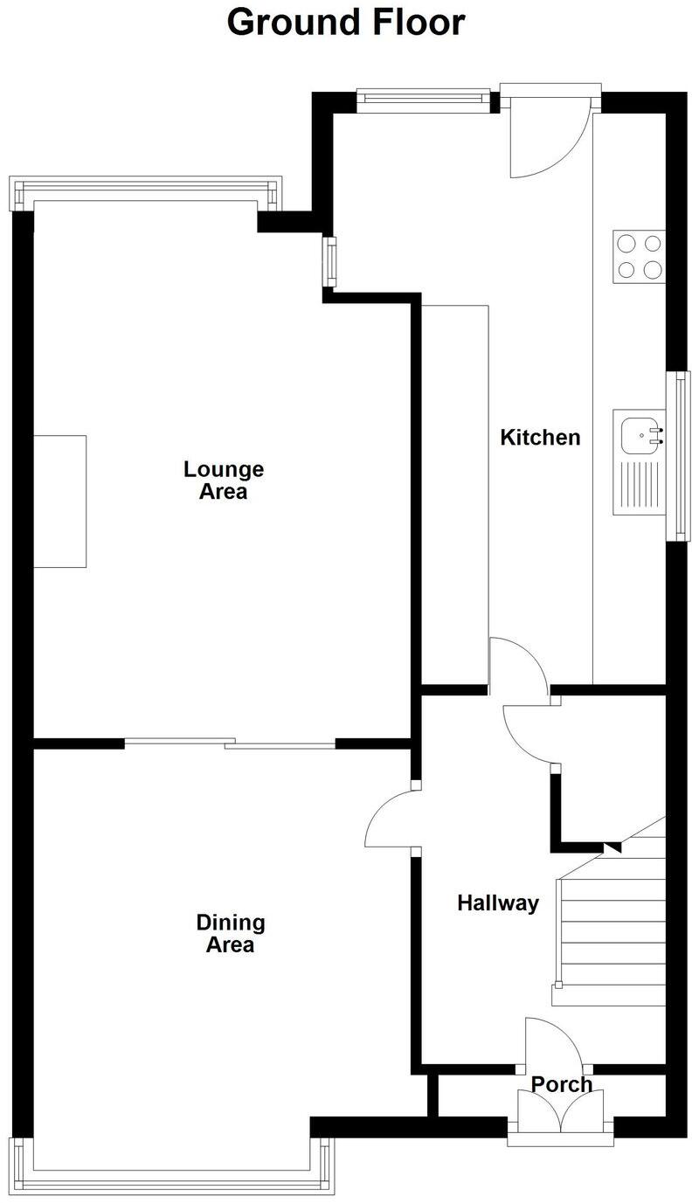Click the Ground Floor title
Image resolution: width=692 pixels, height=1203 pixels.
346,22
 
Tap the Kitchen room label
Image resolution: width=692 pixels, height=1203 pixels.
539,437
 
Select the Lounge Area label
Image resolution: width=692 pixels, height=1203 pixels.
223,481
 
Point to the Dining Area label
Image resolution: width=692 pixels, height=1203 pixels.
230,933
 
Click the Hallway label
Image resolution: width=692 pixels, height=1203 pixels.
497,902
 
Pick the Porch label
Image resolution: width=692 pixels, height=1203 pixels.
562,1084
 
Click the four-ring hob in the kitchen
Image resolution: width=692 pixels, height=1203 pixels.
639,256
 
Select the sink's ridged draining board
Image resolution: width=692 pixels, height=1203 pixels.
640,487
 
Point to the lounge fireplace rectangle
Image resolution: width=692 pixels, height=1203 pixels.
60,501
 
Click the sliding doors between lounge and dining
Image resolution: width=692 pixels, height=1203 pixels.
230,744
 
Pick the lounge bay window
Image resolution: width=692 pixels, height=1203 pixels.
146,193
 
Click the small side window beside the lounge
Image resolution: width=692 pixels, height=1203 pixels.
330,261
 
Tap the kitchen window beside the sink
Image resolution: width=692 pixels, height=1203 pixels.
679,456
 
